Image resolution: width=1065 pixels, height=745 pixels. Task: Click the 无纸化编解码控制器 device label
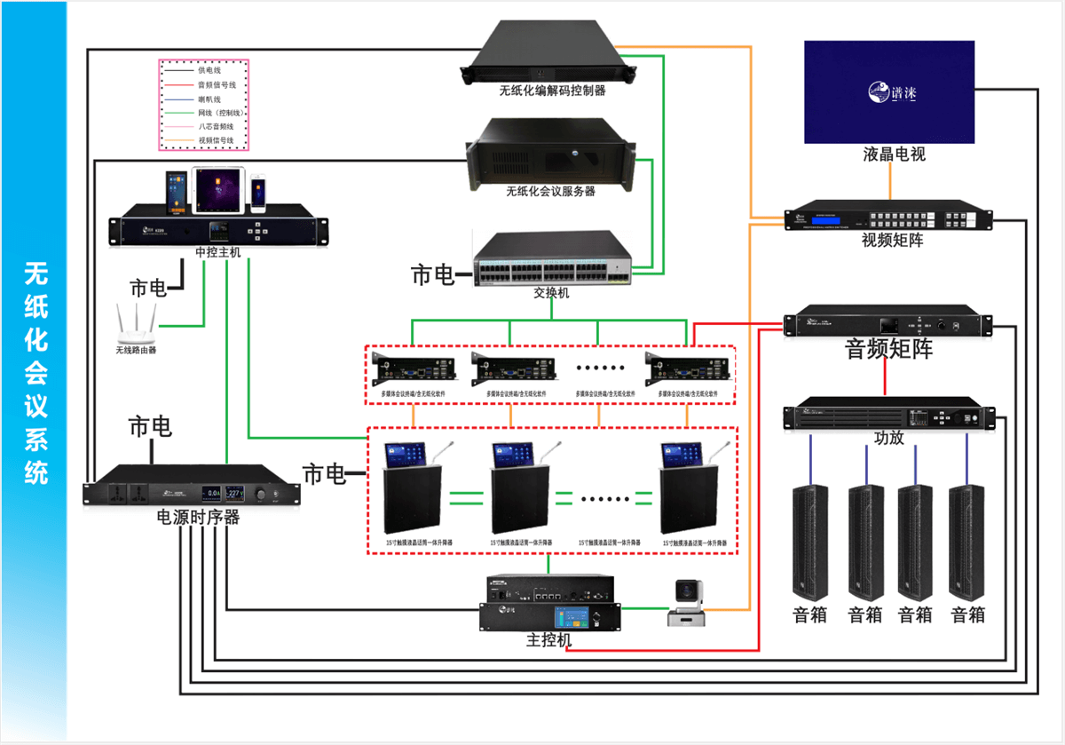tap(552, 90)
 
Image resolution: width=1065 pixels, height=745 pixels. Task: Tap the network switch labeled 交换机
tap(551, 258)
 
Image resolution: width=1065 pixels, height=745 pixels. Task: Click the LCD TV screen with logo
tap(888, 91)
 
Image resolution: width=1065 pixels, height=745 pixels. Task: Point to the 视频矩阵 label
tap(892, 240)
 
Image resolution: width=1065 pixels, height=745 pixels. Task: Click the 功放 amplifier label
tap(888, 437)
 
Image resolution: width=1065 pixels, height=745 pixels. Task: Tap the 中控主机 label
tap(218, 252)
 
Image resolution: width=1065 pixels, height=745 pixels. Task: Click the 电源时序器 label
tap(198, 517)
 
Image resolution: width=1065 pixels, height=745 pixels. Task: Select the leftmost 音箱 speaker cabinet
tap(809, 542)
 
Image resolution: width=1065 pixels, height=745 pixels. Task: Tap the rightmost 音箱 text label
tap(967, 614)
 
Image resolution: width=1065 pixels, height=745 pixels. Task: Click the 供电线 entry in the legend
tap(209, 69)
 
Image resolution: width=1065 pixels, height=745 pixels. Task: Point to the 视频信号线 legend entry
tap(216, 140)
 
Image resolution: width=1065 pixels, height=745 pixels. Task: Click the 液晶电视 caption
tap(894, 154)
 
